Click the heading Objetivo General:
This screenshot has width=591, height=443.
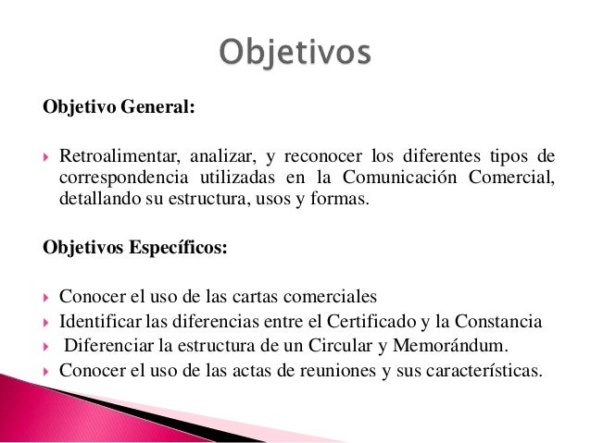pyautogui.click(x=119, y=107)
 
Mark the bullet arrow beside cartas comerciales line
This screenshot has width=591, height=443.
pyautogui.click(x=45, y=298)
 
